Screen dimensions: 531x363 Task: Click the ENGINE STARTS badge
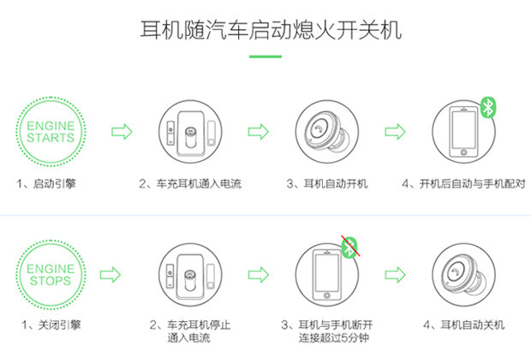click(x=51, y=131)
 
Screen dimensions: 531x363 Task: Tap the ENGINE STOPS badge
click(x=51, y=275)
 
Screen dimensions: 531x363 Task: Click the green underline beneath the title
click(x=265, y=57)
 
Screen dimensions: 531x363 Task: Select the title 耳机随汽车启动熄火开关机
click(x=271, y=30)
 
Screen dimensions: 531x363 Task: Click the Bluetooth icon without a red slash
click(x=488, y=107)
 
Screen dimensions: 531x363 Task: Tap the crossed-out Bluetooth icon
click(x=349, y=247)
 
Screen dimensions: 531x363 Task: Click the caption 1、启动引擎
click(x=46, y=183)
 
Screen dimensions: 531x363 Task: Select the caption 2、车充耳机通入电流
click(x=190, y=183)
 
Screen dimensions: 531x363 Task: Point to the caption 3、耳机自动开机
click(x=327, y=183)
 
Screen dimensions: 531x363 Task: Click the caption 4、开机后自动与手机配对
click(x=463, y=183)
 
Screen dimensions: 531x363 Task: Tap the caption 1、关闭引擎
click(x=51, y=325)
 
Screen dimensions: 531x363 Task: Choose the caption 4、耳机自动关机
click(x=463, y=325)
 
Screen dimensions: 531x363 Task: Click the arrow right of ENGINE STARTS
click(x=122, y=131)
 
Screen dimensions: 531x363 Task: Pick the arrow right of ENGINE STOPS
click(x=110, y=275)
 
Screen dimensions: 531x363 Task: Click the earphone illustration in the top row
click(x=327, y=131)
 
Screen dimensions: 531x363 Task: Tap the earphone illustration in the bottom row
click(x=463, y=275)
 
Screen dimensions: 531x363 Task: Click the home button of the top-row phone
click(x=463, y=152)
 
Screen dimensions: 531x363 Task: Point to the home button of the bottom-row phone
click(x=327, y=295)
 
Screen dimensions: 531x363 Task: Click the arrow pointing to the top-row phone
click(x=395, y=131)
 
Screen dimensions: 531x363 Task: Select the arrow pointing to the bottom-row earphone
click(x=395, y=275)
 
